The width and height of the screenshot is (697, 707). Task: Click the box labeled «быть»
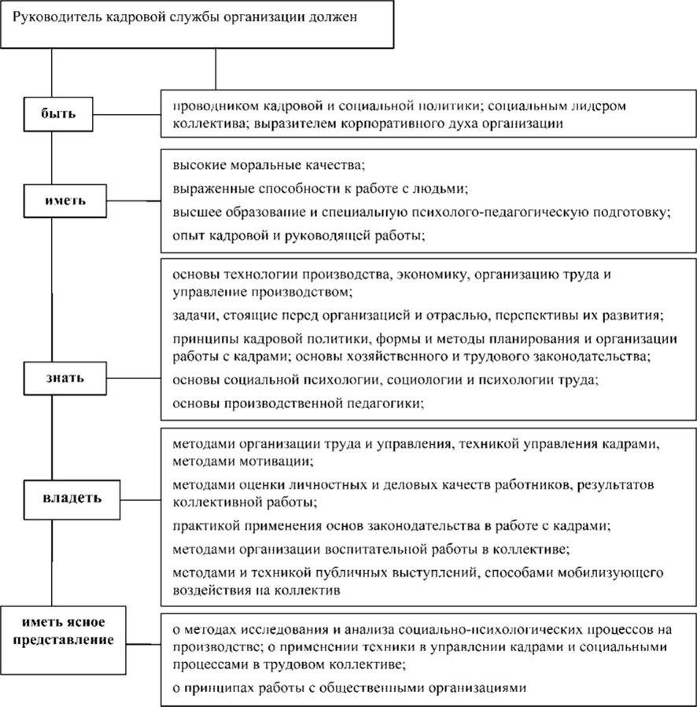59,113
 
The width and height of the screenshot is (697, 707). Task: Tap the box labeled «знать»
65,377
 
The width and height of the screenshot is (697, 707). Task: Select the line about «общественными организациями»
347,687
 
